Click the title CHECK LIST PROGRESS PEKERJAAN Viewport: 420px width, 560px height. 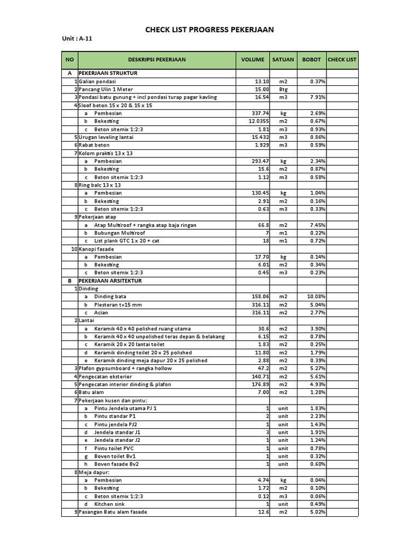[209, 30]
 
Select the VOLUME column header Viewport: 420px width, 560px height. [253, 60]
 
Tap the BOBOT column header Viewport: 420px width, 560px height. [312, 60]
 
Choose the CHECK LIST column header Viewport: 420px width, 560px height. [342, 60]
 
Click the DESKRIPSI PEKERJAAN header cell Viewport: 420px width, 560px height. [157, 60]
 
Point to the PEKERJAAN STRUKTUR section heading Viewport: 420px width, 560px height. [108, 73]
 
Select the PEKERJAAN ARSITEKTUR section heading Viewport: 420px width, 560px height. [110, 281]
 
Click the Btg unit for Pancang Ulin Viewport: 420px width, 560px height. [283, 89]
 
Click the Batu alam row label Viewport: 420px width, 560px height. [94, 392]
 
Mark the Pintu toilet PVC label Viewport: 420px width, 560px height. [114, 448]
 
